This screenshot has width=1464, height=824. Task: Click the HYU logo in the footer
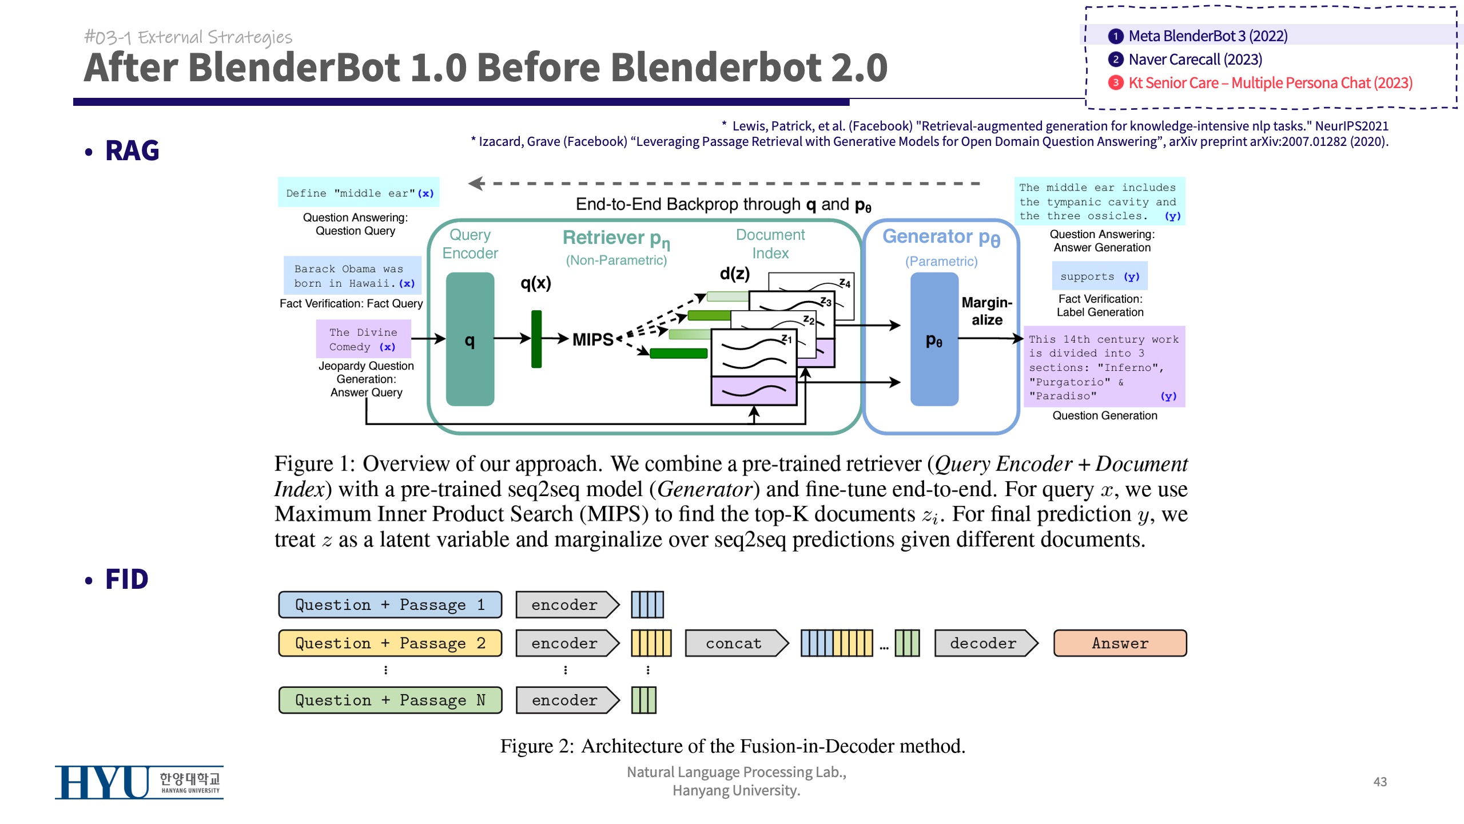tap(139, 782)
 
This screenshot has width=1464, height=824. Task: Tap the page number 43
tap(1380, 782)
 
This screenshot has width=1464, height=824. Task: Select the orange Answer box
tap(1120, 643)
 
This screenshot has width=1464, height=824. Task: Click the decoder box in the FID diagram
tap(984, 643)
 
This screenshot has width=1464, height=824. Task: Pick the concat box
tap(734, 643)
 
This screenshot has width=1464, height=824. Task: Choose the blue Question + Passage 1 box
tap(390, 605)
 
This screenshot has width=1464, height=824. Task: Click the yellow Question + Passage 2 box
tap(390, 643)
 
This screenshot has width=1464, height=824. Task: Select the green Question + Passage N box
tap(390, 700)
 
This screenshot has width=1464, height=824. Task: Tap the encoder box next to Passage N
tap(565, 700)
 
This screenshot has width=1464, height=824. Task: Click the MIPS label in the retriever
tap(593, 339)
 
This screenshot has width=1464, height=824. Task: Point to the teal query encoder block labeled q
tap(470, 339)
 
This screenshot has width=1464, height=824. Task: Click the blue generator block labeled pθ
tap(934, 339)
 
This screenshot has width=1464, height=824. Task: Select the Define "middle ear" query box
tap(359, 193)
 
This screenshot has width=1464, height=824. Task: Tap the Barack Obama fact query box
tap(353, 276)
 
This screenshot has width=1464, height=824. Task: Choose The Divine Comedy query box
tap(363, 339)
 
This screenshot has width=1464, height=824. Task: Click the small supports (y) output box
tap(1100, 276)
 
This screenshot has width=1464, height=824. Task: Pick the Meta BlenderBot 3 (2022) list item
tap(1208, 36)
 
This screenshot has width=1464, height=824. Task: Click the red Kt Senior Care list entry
tap(1270, 83)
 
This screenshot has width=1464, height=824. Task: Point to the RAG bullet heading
tap(132, 151)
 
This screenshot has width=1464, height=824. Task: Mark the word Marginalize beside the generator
tap(986, 311)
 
